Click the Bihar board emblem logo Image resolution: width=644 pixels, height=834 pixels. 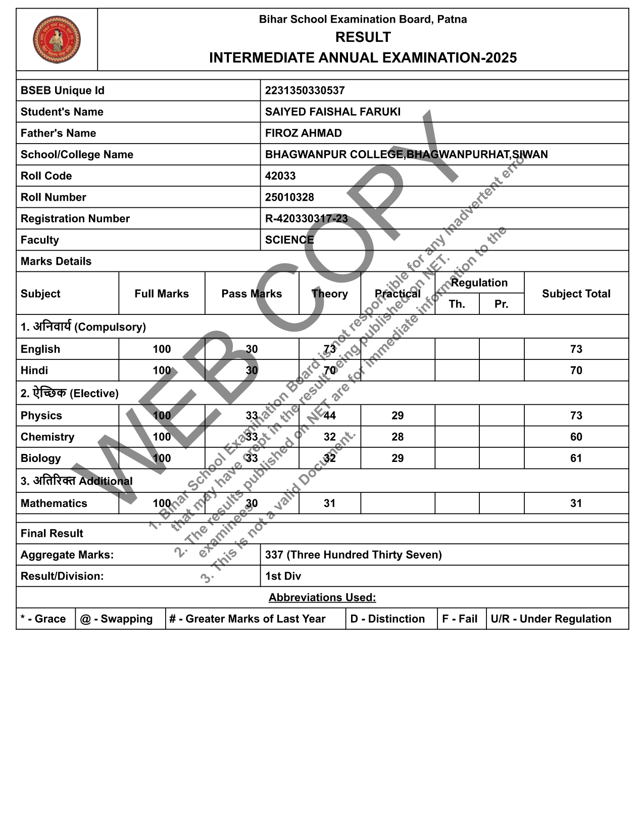[57, 39]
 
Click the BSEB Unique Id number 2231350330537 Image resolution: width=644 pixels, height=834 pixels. [305, 90]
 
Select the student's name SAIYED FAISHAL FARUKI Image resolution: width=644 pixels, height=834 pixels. [332, 112]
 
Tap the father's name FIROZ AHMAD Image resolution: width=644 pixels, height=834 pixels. [303, 133]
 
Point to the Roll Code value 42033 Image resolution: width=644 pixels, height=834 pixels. [280, 176]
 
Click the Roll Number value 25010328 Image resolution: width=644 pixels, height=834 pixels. [289, 197]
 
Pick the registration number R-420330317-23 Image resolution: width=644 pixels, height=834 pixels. [306, 218]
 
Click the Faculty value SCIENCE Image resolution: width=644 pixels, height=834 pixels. [289, 240]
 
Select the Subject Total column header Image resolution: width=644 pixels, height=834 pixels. [576, 294]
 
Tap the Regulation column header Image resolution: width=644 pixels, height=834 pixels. [479, 283]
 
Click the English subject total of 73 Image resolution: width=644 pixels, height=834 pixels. [576, 349]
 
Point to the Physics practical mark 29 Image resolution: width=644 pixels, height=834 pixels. [398, 415]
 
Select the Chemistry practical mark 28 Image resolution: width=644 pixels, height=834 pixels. [398, 437]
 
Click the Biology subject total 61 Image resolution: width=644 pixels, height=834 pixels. [576, 458]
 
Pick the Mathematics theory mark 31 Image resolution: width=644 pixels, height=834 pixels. [329, 503]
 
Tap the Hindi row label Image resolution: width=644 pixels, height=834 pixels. [34, 370]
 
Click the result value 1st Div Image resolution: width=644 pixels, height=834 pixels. [283, 576]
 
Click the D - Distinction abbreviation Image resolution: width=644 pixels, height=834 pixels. [387, 619]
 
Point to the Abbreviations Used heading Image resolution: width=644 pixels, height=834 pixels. [322, 597]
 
